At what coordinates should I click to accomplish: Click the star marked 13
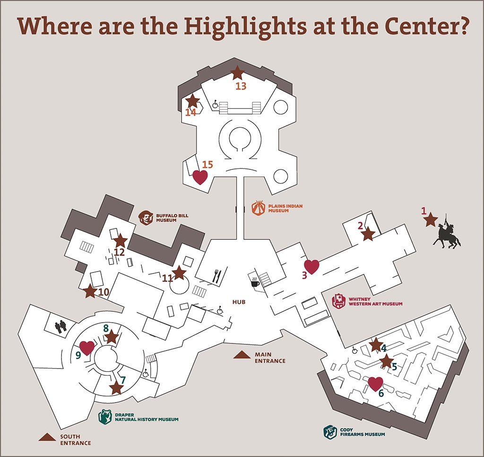[237, 73]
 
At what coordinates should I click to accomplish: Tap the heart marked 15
[200, 177]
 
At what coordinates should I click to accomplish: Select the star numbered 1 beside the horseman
[430, 220]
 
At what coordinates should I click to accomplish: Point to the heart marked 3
[311, 267]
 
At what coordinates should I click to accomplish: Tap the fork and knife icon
[217, 276]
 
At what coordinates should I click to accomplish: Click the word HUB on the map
[239, 302]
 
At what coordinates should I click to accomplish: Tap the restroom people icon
[61, 326]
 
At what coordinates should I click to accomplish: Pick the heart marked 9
[87, 348]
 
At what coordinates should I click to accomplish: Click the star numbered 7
[116, 387]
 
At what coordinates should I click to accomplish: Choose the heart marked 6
[375, 384]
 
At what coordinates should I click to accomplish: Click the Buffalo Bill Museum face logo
[146, 218]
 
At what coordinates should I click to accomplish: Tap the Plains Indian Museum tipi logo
[259, 208]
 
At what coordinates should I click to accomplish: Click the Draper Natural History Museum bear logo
[105, 417]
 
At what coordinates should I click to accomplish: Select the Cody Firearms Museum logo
[330, 432]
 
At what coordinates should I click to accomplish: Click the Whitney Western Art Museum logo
[338, 301]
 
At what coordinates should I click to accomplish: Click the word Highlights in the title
[246, 27]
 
